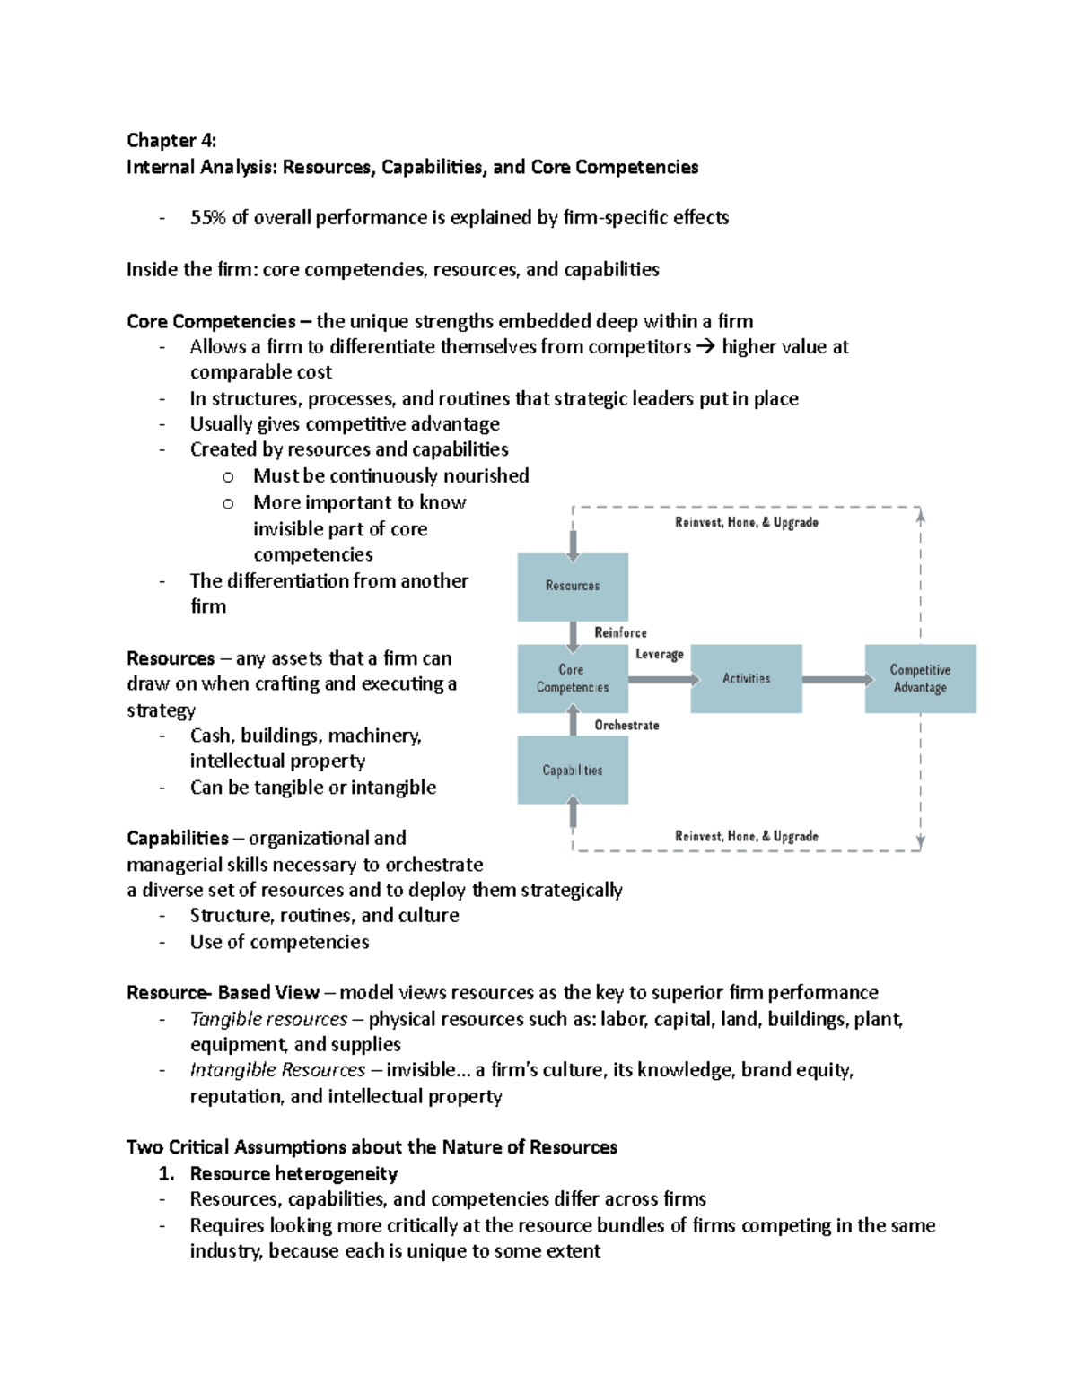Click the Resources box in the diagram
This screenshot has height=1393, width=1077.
pos(573,586)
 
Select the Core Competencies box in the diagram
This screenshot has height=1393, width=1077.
pos(573,679)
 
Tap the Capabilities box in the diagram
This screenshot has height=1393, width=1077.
pos(573,771)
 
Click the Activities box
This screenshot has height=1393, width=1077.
pos(747,679)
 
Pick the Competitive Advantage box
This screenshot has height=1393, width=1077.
pos(920,679)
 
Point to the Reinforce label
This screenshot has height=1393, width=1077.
pos(620,633)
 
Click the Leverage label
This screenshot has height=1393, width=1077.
pos(660,655)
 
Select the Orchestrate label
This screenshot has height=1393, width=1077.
pos(626,726)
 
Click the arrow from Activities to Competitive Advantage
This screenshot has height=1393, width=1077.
pos(834,680)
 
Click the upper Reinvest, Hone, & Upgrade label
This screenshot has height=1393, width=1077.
pos(747,523)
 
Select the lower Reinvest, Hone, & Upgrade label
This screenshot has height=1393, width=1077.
pos(747,837)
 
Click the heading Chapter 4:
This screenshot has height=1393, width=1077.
pos(171,141)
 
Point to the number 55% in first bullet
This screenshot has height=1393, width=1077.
pos(208,218)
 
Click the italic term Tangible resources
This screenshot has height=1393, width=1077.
pos(268,1020)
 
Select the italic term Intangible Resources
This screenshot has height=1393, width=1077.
pos(277,1070)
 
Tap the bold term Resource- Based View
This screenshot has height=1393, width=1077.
pos(223,993)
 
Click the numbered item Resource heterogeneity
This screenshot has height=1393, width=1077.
pos(293,1174)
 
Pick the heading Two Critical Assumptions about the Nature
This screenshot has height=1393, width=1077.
pos(372,1147)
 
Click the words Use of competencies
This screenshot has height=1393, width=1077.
pos(279,942)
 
